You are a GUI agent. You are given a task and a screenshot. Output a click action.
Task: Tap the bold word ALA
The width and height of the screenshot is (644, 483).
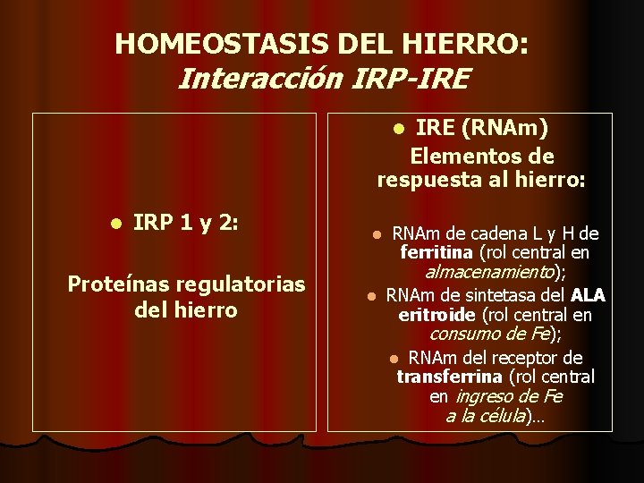(588, 294)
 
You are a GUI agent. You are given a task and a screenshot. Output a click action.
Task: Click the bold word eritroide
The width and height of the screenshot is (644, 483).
(436, 314)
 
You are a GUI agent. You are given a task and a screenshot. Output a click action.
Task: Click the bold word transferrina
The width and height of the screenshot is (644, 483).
(449, 377)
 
